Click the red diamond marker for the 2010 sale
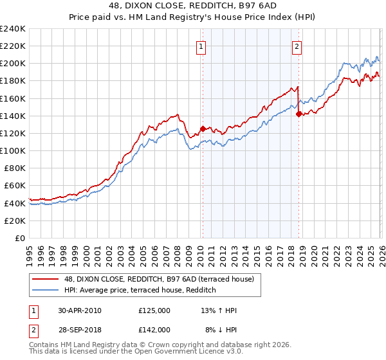tap(203, 129)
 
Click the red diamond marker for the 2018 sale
tap(299, 114)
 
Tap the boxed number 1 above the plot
tap(201, 46)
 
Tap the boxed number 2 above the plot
tap(297, 46)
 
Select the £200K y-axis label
tap(13, 64)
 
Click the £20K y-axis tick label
tap(15, 221)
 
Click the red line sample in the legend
tap(46, 279)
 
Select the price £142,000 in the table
tap(154, 330)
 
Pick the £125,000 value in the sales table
tap(154, 310)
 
